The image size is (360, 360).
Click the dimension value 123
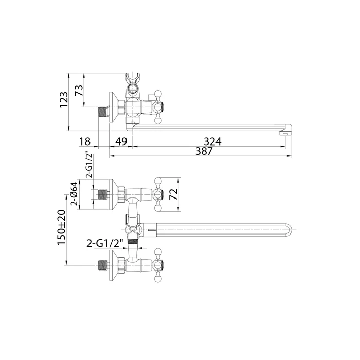click(64, 100)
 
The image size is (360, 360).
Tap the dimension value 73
click(79, 91)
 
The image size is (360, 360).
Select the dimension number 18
click(85, 141)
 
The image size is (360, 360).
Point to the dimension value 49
click(121, 141)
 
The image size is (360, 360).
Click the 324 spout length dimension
click(212, 141)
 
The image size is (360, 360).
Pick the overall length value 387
click(204, 151)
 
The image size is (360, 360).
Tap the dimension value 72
click(174, 194)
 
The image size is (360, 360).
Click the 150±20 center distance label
click(62, 227)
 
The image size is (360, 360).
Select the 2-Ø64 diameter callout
click(74, 194)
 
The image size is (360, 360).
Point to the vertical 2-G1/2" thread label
click(89, 165)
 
